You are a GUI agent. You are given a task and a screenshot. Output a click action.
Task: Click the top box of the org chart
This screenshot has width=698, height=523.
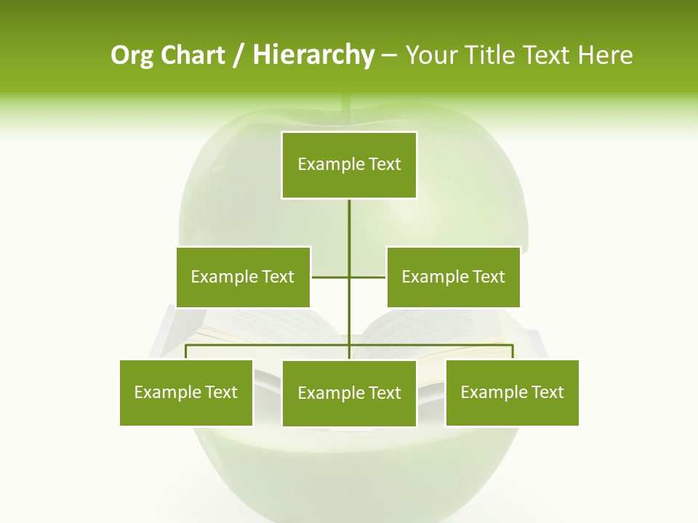(x=349, y=165)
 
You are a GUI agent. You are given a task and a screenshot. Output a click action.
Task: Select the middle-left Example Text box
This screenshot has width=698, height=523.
(x=243, y=277)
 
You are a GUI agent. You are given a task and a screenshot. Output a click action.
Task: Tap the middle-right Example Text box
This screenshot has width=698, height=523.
(x=453, y=277)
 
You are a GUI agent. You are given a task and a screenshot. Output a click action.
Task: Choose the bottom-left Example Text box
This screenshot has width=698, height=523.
(x=186, y=392)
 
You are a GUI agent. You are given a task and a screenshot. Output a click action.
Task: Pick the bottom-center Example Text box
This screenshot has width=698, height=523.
(x=349, y=393)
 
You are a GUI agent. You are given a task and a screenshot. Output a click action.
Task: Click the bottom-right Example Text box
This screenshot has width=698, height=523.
(x=512, y=392)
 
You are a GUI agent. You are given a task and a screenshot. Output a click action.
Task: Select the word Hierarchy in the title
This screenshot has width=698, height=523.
(x=313, y=55)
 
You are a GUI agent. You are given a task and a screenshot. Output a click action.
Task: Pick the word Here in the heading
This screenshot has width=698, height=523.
(x=605, y=55)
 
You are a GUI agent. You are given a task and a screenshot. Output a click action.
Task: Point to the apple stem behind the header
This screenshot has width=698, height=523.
(x=348, y=109)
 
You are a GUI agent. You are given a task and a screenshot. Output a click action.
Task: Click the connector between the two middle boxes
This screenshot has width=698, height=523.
(x=331, y=277)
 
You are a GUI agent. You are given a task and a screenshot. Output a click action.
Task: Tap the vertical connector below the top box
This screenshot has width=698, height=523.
(x=349, y=225)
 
